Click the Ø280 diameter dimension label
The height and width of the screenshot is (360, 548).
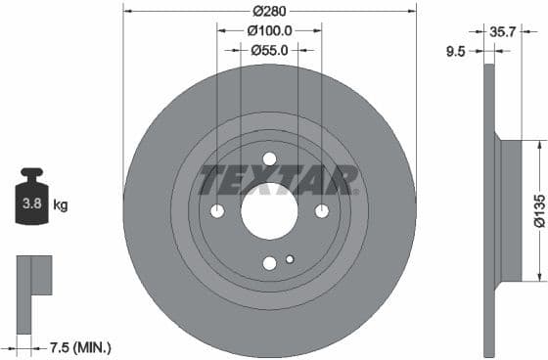269,11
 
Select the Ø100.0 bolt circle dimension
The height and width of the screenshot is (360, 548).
269,30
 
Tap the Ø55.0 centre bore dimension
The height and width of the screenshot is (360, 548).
269,49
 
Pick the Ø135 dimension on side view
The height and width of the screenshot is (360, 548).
537,211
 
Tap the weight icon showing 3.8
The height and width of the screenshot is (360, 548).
30,202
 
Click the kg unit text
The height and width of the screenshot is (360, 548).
61,205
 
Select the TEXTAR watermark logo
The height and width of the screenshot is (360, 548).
278,180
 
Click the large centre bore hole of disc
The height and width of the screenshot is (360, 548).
269,210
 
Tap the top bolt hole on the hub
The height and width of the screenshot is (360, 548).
269,159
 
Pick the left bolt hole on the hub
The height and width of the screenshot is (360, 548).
217,211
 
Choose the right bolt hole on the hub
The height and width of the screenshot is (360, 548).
321,211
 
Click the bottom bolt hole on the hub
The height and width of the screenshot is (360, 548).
269,262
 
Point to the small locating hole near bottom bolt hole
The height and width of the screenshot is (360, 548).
290,259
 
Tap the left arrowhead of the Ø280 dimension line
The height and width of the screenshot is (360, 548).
128,11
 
